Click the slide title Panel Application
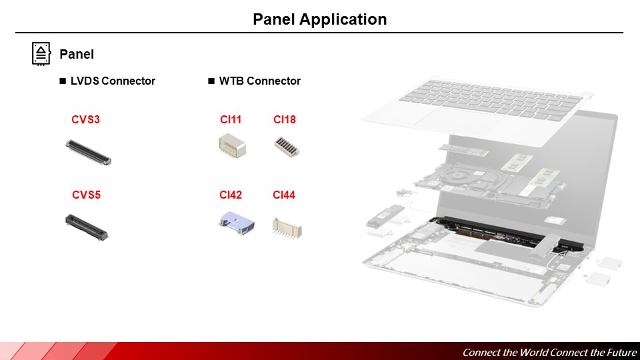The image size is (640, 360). coord(319,19)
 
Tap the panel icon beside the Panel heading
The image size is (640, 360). coord(41,53)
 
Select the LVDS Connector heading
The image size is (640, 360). coord(113,81)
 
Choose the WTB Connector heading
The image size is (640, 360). coord(259,81)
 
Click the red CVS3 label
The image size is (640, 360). coord(85,120)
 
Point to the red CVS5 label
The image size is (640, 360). coord(86,195)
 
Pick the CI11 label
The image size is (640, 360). coord(231,120)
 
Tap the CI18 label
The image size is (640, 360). coord(285,120)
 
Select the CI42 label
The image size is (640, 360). coord(231,195)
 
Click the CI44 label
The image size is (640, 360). coord(284,195)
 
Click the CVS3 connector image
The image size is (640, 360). coord(88,152)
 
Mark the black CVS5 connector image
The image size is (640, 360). coord(86,227)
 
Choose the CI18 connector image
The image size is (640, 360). coord(287,147)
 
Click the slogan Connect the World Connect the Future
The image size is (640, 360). coord(549,352)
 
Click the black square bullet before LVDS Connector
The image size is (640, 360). coord(63,81)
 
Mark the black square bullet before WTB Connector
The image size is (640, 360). coord(211,81)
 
